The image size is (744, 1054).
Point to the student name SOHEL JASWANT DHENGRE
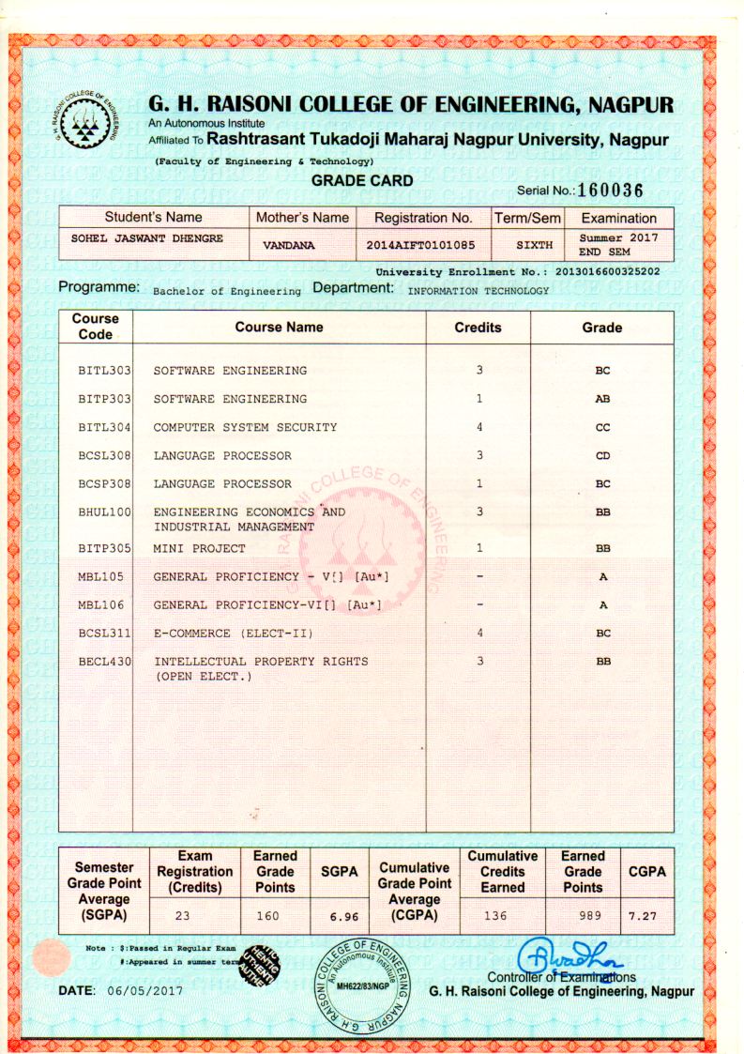point(147,238)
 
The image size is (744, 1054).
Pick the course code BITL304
point(103,428)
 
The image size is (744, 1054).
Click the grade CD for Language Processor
point(602,456)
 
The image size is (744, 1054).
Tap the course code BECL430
point(103,662)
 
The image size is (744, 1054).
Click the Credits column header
point(478,328)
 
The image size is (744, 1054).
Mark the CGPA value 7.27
point(646,914)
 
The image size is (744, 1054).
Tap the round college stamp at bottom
point(361,984)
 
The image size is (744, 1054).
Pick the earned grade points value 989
point(583,914)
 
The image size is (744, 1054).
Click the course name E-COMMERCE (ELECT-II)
point(234,634)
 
